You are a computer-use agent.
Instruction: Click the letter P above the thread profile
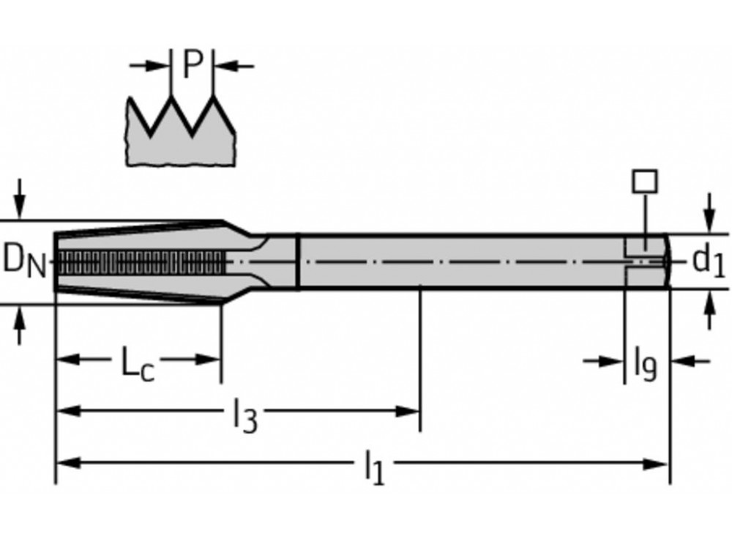pos(192,64)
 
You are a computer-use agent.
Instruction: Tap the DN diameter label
pos(23,261)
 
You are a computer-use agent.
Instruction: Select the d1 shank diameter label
pos(708,260)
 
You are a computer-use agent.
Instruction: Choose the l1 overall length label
pos(373,467)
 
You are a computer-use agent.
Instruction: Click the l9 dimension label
pos(645,365)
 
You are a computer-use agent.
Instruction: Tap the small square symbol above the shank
pos(645,181)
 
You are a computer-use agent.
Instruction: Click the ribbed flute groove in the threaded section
pos(139,260)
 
